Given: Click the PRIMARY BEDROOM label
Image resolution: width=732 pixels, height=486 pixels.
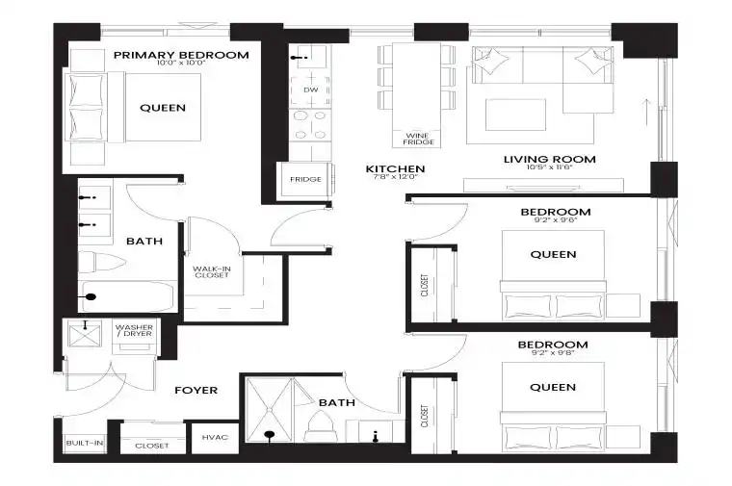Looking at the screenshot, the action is [181, 55].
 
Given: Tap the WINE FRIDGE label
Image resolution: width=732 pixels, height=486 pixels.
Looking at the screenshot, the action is [418, 139].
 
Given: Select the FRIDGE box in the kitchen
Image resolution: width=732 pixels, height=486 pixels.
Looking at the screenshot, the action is [305, 180].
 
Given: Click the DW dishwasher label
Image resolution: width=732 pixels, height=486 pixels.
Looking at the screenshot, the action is [311, 90].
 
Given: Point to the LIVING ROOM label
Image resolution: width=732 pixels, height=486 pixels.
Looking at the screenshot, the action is [549, 159].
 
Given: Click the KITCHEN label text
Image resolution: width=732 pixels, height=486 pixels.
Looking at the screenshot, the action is [395, 168].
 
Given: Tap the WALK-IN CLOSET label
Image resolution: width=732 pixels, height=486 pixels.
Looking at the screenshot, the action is [212, 272].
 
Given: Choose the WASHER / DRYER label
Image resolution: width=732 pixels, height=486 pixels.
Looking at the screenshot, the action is [134, 330].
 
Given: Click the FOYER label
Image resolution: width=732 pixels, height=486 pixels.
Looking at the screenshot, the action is [196, 390].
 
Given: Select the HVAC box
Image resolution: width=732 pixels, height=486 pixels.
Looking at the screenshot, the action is [215, 438].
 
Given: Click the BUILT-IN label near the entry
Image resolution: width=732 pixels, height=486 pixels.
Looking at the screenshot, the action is [85, 443].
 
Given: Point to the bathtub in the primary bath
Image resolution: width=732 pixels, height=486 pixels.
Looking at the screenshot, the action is [128, 296].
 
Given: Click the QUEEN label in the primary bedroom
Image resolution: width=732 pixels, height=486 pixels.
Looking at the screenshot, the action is [163, 108].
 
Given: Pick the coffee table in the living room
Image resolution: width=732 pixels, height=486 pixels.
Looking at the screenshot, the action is [515, 115].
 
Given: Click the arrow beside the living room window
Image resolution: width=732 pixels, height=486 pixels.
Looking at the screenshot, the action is [646, 112].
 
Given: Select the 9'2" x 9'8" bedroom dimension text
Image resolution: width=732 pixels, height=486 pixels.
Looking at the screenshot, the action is [553, 353].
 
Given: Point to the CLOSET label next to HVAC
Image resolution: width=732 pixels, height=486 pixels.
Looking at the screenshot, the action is [152, 446].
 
